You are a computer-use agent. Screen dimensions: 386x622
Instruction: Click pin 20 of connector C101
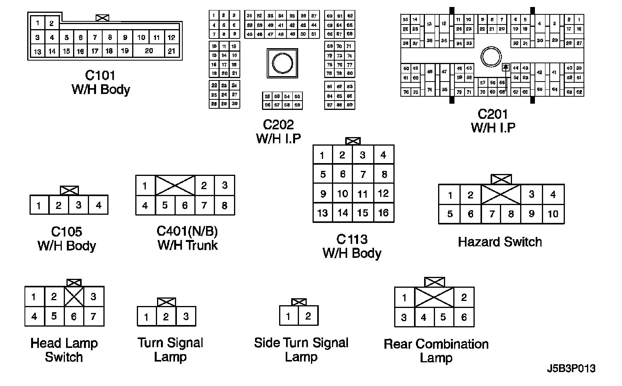click(149, 51)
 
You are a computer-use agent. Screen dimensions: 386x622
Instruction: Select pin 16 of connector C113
click(383, 213)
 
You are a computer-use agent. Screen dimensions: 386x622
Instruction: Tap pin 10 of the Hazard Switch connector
click(553, 214)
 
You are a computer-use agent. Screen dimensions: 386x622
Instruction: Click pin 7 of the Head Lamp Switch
click(93, 317)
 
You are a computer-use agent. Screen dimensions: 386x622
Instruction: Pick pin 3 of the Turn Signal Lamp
click(186, 317)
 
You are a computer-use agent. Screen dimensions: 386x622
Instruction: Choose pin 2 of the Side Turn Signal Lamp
click(308, 316)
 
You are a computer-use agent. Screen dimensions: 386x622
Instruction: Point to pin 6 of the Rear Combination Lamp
click(464, 317)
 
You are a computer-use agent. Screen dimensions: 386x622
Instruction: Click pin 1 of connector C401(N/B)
click(145, 186)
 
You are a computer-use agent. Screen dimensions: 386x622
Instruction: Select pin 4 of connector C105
click(98, 205)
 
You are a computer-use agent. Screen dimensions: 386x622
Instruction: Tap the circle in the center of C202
click(282, 63)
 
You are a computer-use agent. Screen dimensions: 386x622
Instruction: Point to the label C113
click(352, 239)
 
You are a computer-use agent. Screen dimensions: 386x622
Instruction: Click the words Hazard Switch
click(500, 242)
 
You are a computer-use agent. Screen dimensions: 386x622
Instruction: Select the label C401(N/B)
click(187, 231)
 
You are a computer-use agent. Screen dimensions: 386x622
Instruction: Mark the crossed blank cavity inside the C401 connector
click(175, 185)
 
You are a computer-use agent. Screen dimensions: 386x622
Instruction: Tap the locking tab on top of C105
click(69, 190)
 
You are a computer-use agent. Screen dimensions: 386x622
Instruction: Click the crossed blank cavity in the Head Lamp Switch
click(74, 297)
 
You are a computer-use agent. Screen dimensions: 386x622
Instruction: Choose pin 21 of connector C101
click(171, 51)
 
